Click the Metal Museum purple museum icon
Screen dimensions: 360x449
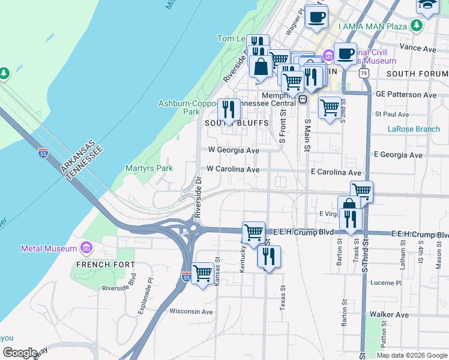pos(86,248)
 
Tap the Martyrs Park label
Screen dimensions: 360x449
pos(149,169)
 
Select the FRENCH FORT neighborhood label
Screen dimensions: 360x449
pos(101,264)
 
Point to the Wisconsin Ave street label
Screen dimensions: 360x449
pos(191,311)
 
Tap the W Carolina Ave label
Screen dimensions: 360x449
pos(233,169)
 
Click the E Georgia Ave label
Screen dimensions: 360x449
pos(398,155)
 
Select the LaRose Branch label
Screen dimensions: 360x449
pos(414,129)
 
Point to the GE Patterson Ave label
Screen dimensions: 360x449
pos(406,95)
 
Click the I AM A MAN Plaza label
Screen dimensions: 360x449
pos(372,26)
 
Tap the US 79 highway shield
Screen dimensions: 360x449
pos(364,73)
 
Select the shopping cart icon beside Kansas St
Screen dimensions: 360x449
pos(203,274)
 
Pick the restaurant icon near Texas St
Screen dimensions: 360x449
pos(268,257)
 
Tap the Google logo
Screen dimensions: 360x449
pos(20,353)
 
